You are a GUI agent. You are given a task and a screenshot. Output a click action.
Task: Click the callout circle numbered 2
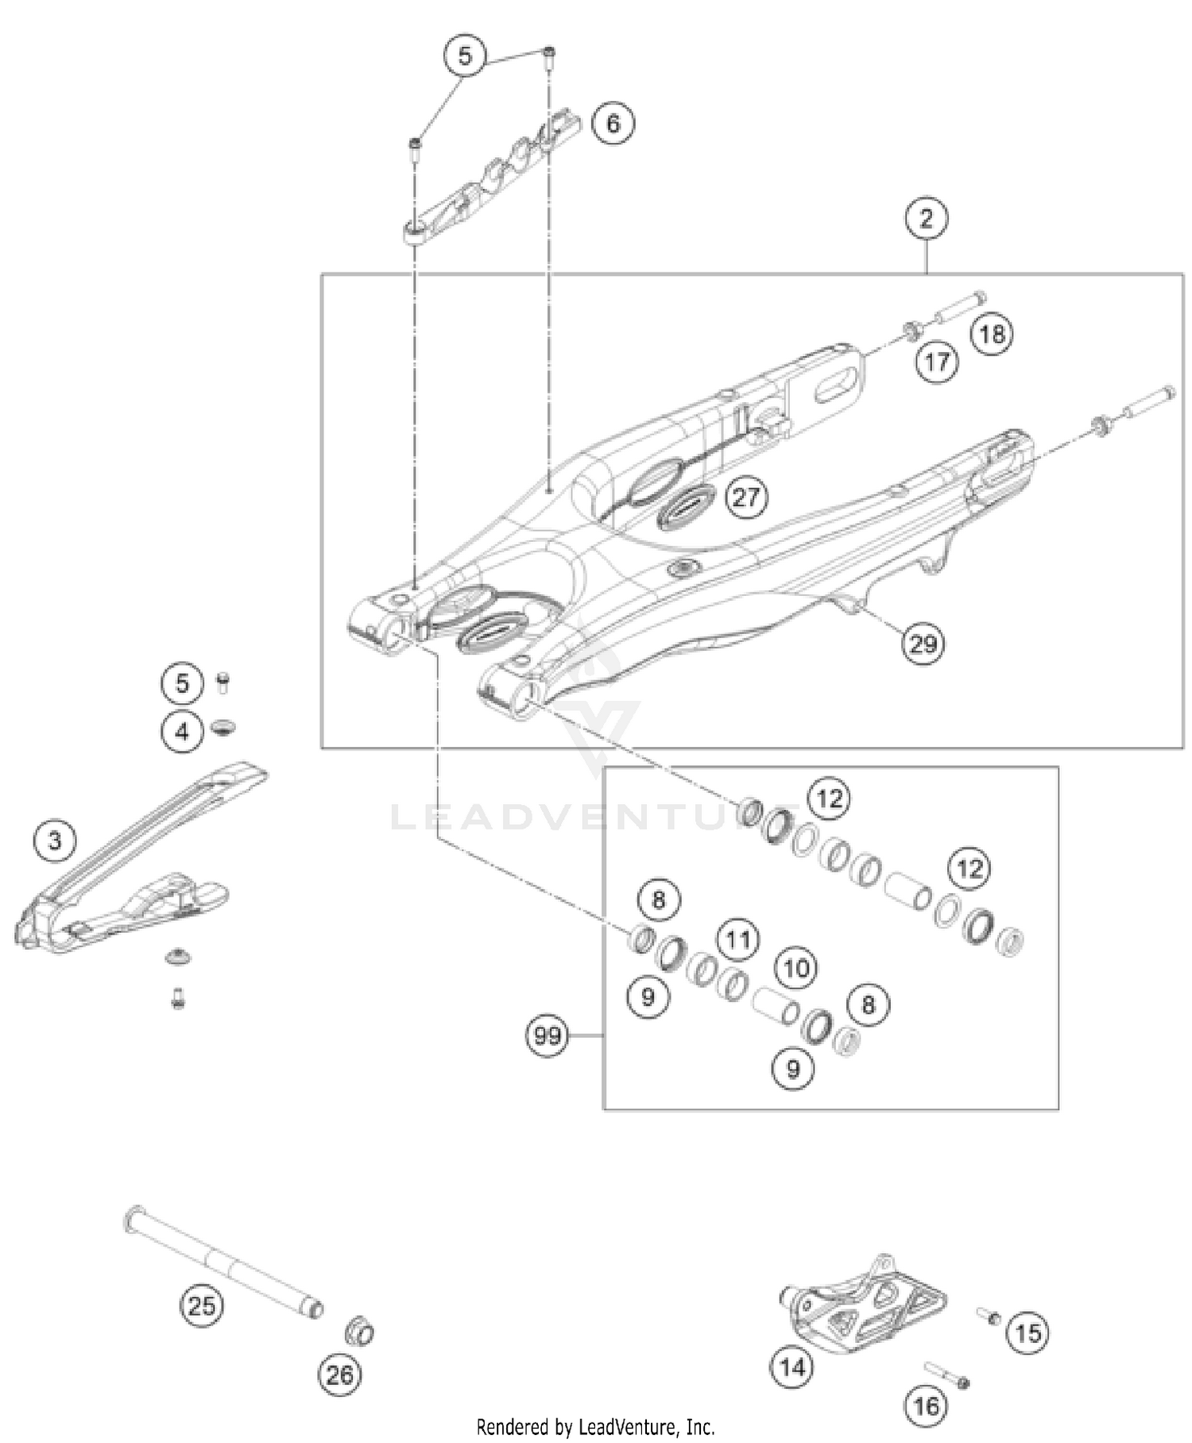tap(926, 218)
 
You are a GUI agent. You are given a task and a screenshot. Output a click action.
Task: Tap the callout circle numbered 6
tap(613, 123)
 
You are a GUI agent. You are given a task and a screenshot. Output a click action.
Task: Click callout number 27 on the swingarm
tap(745, 497)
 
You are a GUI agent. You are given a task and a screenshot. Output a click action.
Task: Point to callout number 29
tap(923, 643)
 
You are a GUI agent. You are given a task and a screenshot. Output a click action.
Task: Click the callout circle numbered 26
tap(339, 1374)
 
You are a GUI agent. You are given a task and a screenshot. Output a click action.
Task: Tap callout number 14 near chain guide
tap(791, 1367)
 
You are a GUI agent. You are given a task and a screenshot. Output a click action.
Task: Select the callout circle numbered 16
tap(926, 1406)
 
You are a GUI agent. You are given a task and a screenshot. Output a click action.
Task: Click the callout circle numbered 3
tap(55, 840)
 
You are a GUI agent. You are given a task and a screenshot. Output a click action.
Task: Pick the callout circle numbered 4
tap(182, 730)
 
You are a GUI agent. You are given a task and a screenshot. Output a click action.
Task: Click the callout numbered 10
tap(796, 968)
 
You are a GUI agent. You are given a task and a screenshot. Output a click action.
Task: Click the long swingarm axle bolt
tap(223, 1259)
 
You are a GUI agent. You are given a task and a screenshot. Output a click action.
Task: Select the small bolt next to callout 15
tap(989, 1316)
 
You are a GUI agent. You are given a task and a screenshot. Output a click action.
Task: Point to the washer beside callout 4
tap(223, 726)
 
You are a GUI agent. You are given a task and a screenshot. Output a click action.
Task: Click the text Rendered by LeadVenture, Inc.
tap(595, 1427)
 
